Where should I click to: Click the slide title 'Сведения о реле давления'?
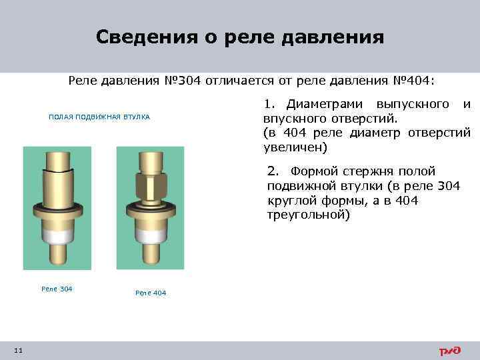[x=239, y=36]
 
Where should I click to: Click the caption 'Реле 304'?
[x=57, y=289]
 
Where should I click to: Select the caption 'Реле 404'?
[x=151, y=293]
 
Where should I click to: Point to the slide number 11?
[x=18, y=351]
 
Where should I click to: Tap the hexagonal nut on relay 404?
[x=150, y=183]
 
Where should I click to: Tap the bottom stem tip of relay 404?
[x=150, y=257]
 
